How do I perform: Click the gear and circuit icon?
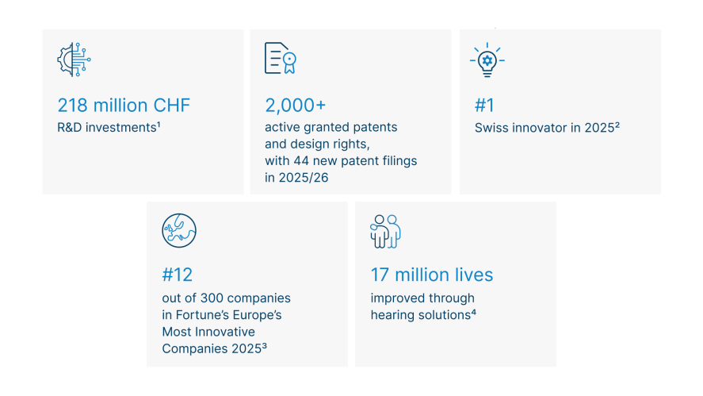(74, 60)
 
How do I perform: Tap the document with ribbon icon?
(281, 58)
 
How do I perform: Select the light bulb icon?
(487, 60)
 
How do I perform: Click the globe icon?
(179, 231)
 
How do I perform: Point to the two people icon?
(385, 231)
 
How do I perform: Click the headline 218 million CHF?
(124, 106)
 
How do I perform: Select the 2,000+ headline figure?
(295, 106)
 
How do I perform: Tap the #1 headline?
(484, 106)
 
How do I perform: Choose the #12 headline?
(177, 275)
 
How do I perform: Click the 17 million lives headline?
(432, 275)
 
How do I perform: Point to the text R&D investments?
(107, 128)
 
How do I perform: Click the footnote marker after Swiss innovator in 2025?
(617, 125)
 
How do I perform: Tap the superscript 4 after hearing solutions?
(473, 312)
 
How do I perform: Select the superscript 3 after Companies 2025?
(265, 346)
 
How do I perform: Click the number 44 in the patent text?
(301, 161)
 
